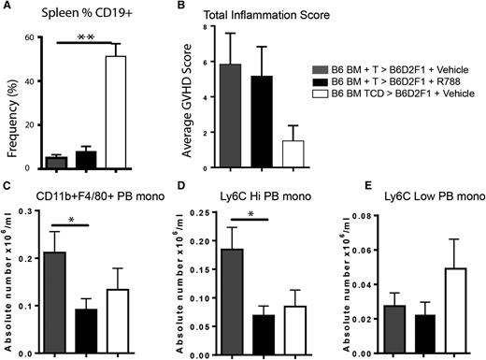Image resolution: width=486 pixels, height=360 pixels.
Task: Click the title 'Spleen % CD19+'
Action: click(x=68, y=15)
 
